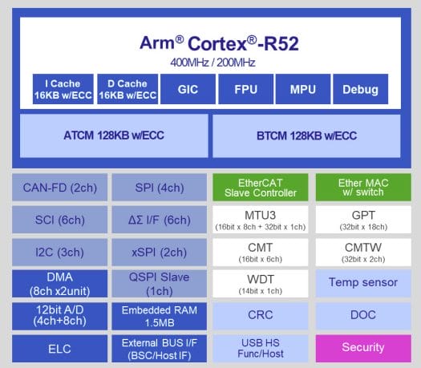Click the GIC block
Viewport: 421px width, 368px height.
[x=188, y=89]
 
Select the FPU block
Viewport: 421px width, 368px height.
[x=245, y=89]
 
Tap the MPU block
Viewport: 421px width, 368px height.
[x=303, y=89]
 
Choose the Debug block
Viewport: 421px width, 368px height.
[x=361, y=89]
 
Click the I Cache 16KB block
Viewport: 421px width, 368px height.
[x=63, y=89]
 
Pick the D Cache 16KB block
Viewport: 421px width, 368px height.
[x=128, y=89]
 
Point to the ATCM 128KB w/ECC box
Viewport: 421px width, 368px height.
[x=114, y=135]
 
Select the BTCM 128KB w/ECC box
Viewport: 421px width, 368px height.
[x=306, y=135]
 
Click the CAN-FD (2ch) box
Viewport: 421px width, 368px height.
[x=59, y=188]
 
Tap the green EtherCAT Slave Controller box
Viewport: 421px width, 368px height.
[x=261, y=188]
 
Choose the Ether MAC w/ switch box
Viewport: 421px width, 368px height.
[x=363, y=188]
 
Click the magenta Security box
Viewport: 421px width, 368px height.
[x=363, y=349]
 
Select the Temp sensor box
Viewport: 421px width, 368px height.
[x=363, y=284]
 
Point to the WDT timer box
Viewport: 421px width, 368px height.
[x=261, y=284]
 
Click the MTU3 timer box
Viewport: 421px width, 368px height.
[x=261, y=220]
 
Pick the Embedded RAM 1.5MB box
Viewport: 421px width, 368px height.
[x=160, y=316]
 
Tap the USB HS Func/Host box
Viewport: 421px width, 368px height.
[x=261, y=349]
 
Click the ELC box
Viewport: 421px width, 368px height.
[x=59, y=349]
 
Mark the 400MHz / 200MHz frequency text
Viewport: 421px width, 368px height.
[x=213, y=63]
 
